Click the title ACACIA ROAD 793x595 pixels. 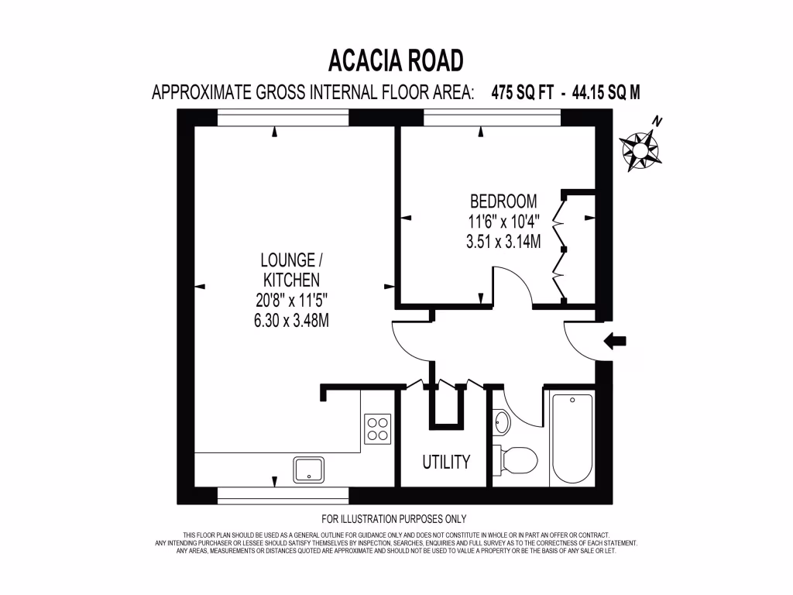[396, 60]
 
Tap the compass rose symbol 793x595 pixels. [640, 149]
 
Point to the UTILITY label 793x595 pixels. [446, 463]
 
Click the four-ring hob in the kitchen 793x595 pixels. [378, 428]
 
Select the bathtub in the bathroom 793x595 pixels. [572, 438]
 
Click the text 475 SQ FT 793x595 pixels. [523, 92]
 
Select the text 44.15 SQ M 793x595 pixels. [606, 92]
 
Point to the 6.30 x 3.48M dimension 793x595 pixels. [291, 320]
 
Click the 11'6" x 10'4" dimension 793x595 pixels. [503, 222]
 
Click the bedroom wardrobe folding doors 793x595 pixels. [559, 248]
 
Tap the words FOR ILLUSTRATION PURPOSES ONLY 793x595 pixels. [393, 519]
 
